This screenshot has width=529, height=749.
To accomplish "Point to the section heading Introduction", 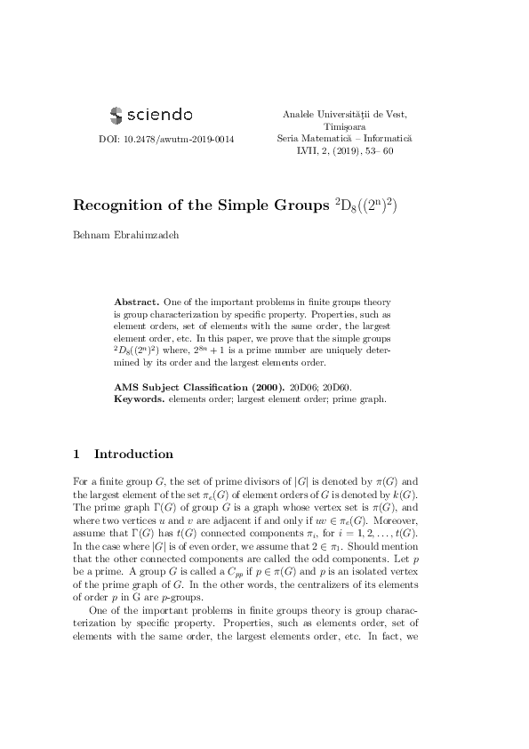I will [133, 454].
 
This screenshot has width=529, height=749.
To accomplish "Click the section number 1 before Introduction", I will [77, 454].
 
